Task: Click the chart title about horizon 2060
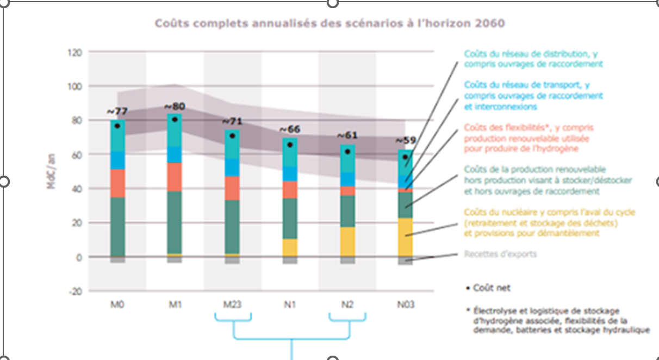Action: (x=329, y=23)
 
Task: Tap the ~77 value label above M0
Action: (x=117, y=111)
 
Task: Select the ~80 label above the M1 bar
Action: (x=175, y=105)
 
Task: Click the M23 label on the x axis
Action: (x=232, y=305)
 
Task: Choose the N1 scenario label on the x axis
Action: (x=290, y=305)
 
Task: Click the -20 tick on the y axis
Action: (x=74, y=291)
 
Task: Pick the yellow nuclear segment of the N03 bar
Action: (x=405, y=237)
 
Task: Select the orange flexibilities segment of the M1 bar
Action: (x=175, y=177)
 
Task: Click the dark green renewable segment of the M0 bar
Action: (x=117, y=226)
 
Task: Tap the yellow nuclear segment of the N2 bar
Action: (x=347, y=241)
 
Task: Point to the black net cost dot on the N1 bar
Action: (x=290, y=145)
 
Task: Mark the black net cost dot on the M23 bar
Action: (x=232, y=136)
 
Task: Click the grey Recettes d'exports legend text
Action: (x=500, y=254)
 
